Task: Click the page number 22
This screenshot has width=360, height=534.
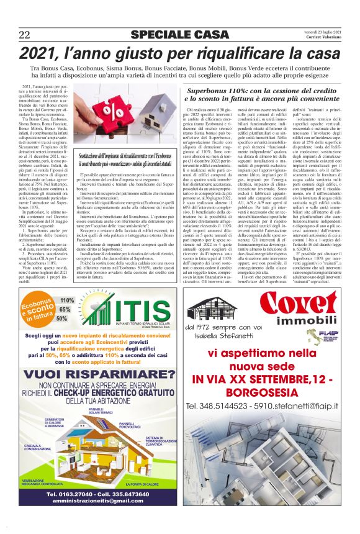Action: coord(25,34)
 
